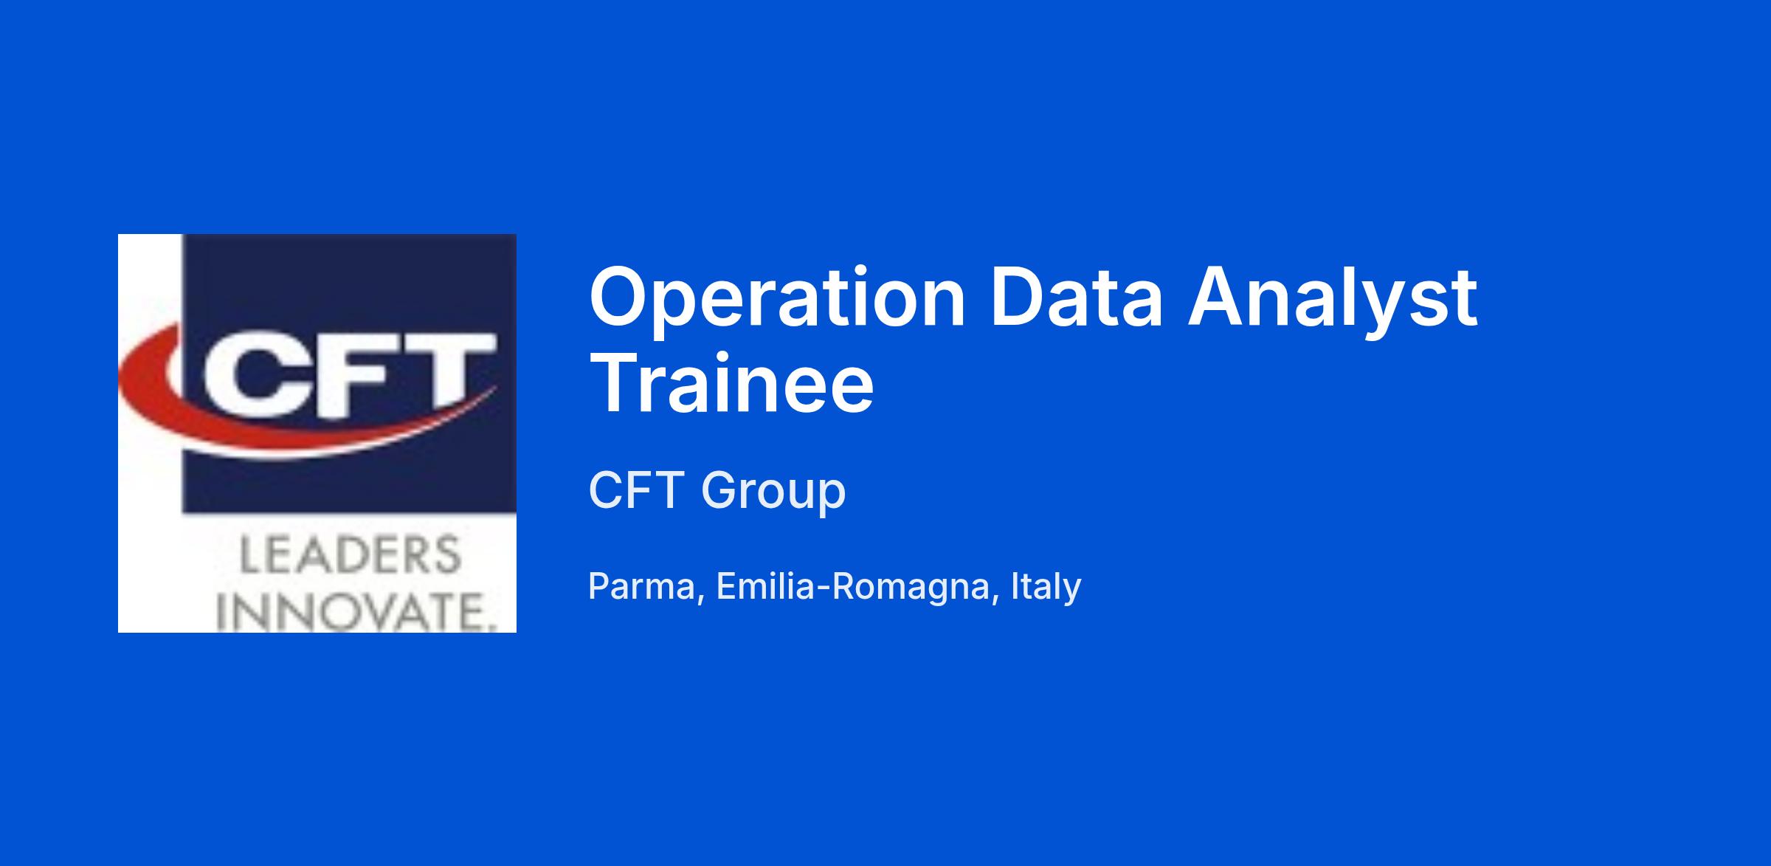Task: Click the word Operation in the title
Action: (x=777, y=300)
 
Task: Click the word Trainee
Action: (x=731, y=385)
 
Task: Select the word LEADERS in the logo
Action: (x=351, y=555)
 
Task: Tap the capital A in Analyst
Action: (x=1218, y=298)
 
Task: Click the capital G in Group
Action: (x=719, y=489)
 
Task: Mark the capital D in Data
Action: (x=1018, y=298)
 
